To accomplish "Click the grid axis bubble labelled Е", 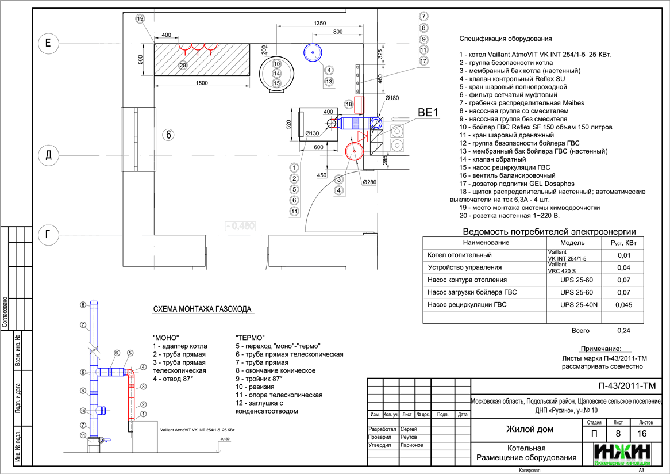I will pos(48,43).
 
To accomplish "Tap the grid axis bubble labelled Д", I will pos(48,156).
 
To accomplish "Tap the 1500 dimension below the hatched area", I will pos(202,83).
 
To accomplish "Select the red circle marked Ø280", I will pos(354,151).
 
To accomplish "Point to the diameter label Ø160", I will pos(392,98).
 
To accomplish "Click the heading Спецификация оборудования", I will pos(506,39).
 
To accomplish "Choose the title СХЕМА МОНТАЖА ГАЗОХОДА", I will pos(202,309).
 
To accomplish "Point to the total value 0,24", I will pos(623,331).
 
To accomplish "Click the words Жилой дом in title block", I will pos(529,429).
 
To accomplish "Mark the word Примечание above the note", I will pos(600,349).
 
